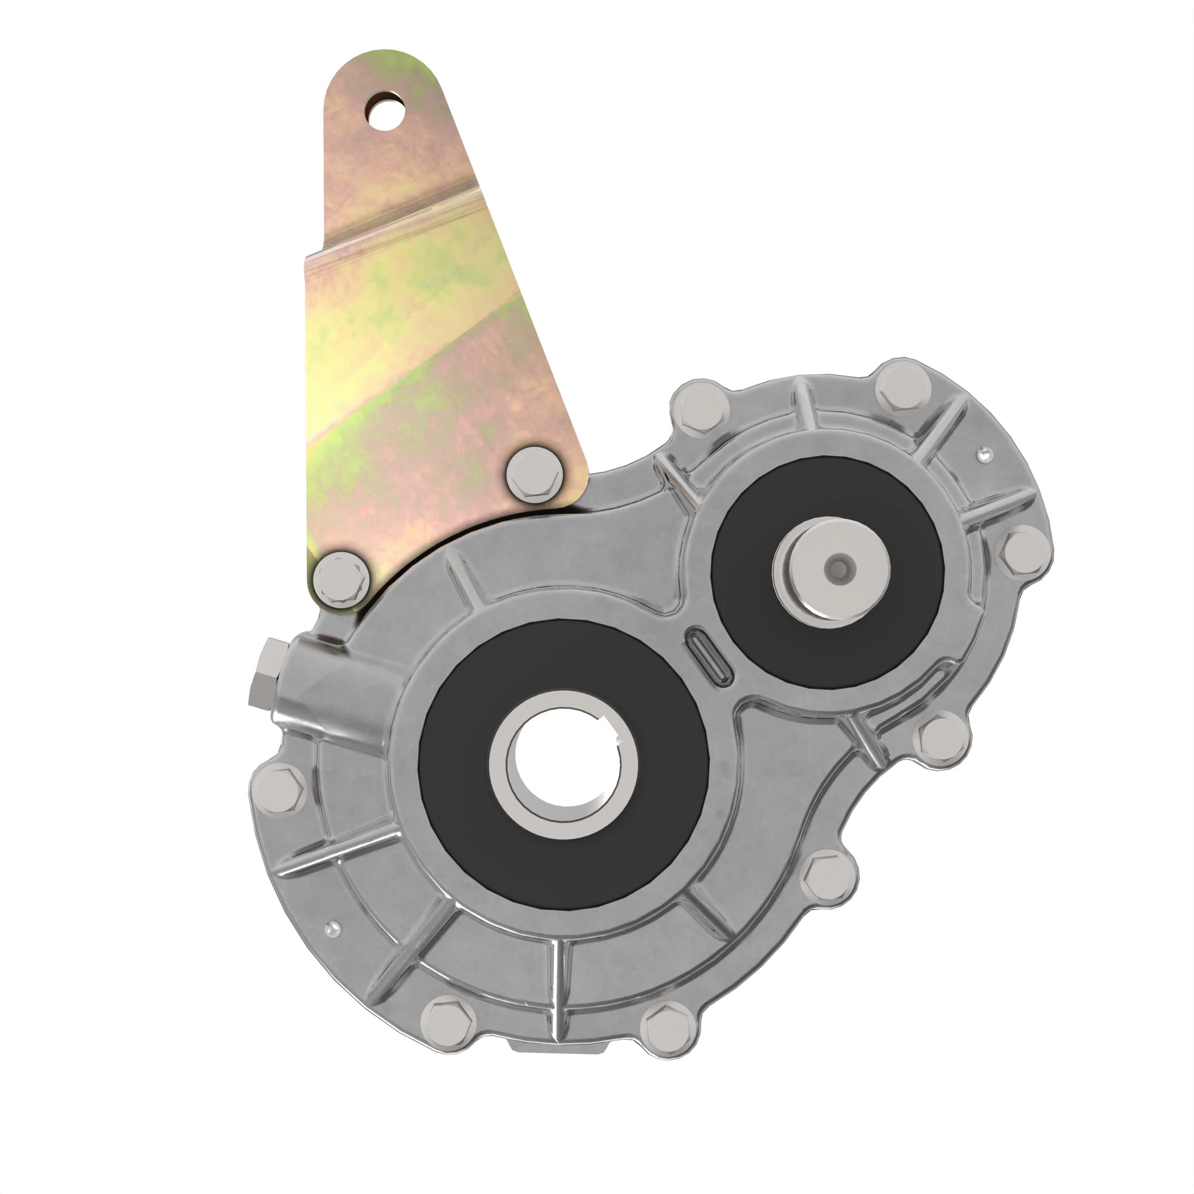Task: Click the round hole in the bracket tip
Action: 384,110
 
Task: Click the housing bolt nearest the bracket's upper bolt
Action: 700,408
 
